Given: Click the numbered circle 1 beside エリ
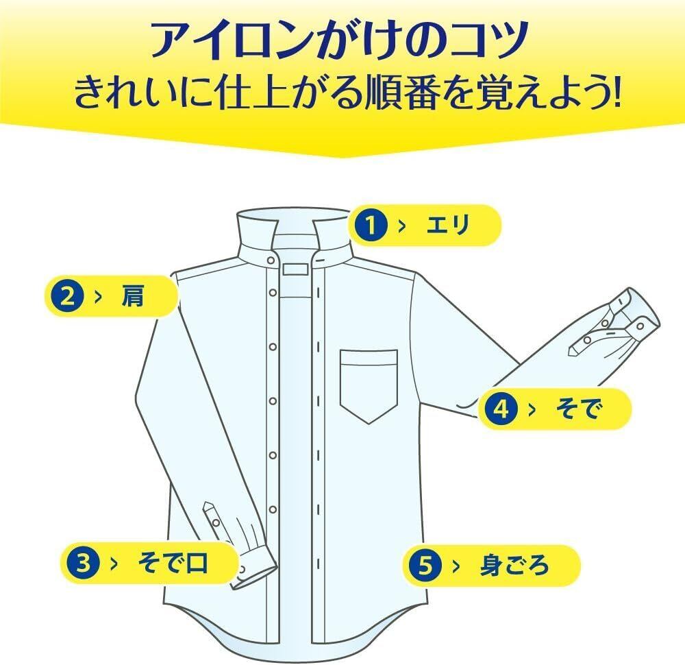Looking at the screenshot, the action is click(370, 226).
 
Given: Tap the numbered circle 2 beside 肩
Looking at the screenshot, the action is click(67, 297).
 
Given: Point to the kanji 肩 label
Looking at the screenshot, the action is click(134, 297).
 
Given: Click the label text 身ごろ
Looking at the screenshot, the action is click(514, 566).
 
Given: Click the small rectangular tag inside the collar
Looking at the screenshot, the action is click(296, 268).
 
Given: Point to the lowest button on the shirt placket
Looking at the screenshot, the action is click(273, 509).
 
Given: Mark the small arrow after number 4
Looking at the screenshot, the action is click(532, 409).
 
